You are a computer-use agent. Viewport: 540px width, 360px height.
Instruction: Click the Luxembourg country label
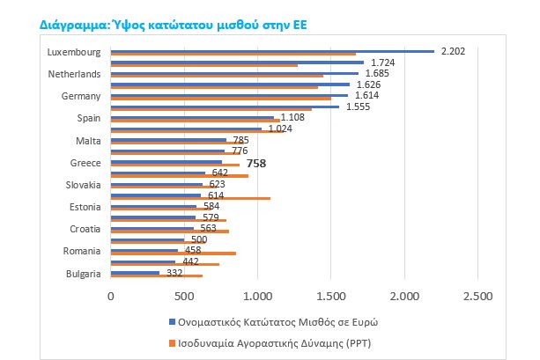(x=74, y=52)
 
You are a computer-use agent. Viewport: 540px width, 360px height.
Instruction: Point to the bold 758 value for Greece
(x=256, y=164)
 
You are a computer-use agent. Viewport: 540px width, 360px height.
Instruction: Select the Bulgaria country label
(x=84, y=274)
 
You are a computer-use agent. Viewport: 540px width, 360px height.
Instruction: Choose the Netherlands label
(x=75, y=74)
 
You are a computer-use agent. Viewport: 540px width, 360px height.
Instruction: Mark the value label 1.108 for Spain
(x=292, y=117)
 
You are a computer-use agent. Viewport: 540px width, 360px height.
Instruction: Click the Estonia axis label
(x=85, y=208)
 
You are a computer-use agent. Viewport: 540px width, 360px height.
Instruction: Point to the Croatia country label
(x=85, y=230)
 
